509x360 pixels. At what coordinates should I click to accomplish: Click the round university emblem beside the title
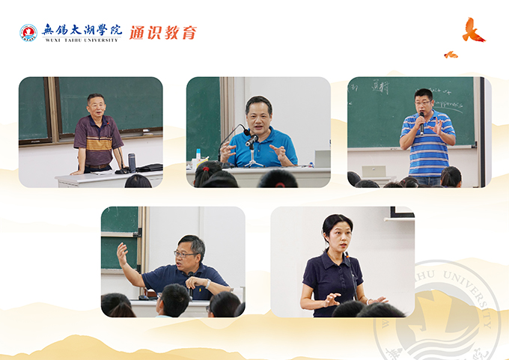28,32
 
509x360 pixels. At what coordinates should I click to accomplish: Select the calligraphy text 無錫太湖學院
82,29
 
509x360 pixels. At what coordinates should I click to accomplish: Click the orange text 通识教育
163,32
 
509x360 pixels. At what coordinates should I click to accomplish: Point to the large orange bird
472,30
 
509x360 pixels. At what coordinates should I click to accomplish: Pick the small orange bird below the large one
451,55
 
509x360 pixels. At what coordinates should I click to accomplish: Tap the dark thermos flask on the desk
132,162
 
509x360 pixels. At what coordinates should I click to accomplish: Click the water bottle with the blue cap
198,158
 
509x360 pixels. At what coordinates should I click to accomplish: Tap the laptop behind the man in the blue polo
323,158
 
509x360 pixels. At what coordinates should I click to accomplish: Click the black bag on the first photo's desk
150,167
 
